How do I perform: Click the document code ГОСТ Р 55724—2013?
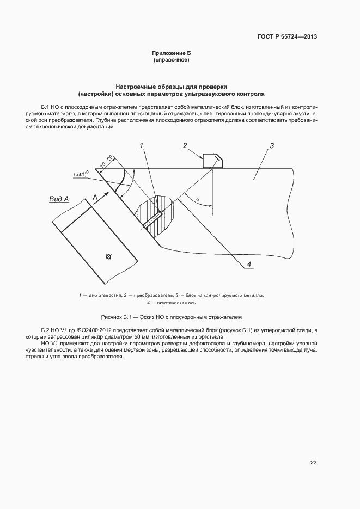pyautogui.click(x=287, y=37)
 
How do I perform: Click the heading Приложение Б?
pyautogui.click(x=172, y=53)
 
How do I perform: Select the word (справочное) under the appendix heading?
pyautogui.click(x=172, y=60)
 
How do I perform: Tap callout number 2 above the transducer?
pyautogui.click(x=185, y=145)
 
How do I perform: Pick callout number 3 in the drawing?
pyautogui.click(x=271, y=145)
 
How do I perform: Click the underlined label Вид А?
pyautogui.click(x=59, y=200)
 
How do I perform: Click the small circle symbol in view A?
pyautogui.click(x=109, y=256)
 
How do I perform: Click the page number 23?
pyautogui.click(x=313, y=463)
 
